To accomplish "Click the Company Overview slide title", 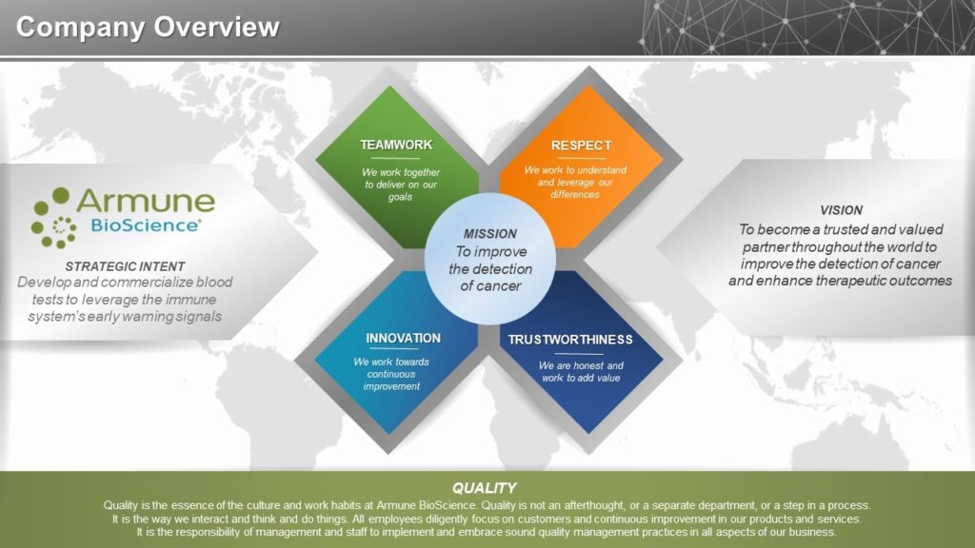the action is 148,28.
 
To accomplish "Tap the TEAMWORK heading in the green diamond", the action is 396,145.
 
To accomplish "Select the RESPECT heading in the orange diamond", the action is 581,146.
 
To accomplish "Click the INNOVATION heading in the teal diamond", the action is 403,339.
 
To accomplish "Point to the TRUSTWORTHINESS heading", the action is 570,340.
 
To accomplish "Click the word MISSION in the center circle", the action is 490,234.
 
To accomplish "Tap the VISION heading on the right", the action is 842,210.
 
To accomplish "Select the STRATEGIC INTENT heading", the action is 125,266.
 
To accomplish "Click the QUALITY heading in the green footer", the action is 484,488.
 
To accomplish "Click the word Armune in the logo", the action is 146,201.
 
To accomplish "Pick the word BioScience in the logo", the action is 145,225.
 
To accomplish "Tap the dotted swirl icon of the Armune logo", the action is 53,218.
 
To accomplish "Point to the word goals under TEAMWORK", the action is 401,197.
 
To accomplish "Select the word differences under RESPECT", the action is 575,194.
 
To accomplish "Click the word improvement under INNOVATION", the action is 391,386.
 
